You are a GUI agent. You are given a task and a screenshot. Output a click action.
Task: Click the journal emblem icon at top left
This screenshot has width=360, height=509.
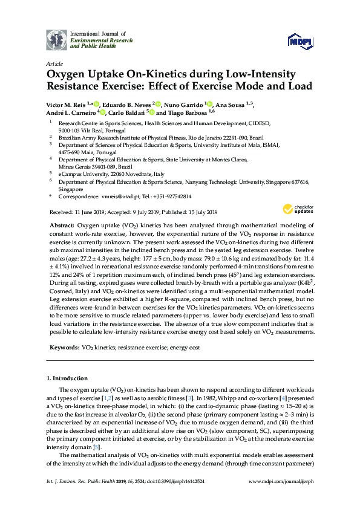(x=57, y=40)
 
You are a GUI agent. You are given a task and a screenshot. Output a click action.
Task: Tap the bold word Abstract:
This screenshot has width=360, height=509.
(x=65, y=224)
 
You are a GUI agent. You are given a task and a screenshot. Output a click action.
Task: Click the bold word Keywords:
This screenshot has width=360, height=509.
(x=62, y=349)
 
